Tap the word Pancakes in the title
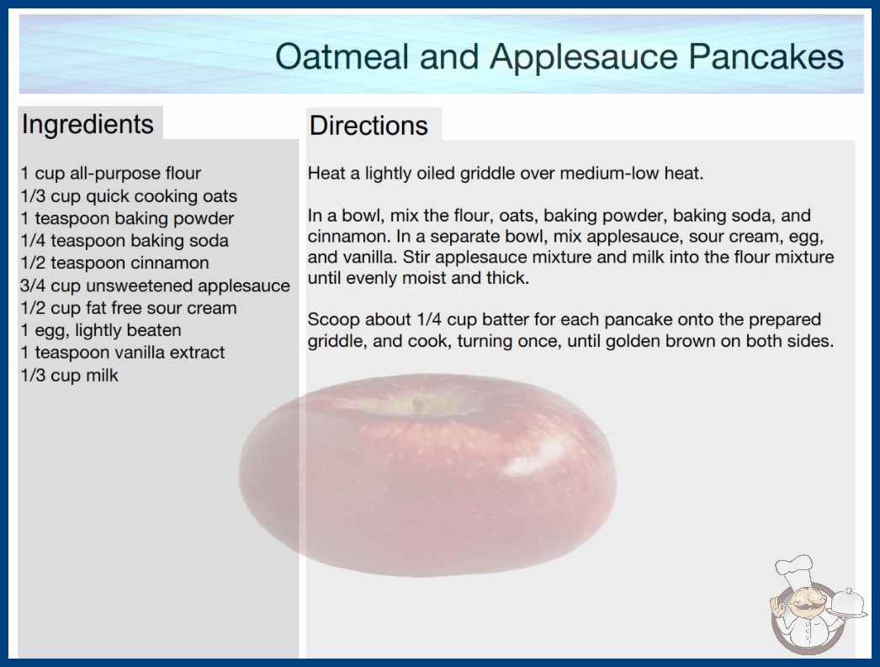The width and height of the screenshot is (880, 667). (766, 56)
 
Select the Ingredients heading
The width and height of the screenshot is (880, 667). (87, 125)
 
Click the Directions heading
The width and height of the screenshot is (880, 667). (368, 125)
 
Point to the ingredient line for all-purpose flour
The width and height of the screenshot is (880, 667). (110, 173)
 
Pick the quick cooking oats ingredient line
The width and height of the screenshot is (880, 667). (129, 196)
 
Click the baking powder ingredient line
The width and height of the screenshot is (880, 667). (127, 219)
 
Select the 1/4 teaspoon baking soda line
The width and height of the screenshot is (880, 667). (124, 241)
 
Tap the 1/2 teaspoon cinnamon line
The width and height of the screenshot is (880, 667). (114, 263)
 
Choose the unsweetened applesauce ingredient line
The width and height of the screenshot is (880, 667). (155, 286)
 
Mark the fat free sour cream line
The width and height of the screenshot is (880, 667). (129, 308)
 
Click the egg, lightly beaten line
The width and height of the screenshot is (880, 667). (100, 330)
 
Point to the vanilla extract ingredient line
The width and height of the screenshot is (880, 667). (122, 353)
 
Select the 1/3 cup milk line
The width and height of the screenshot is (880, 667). (69, 376)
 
